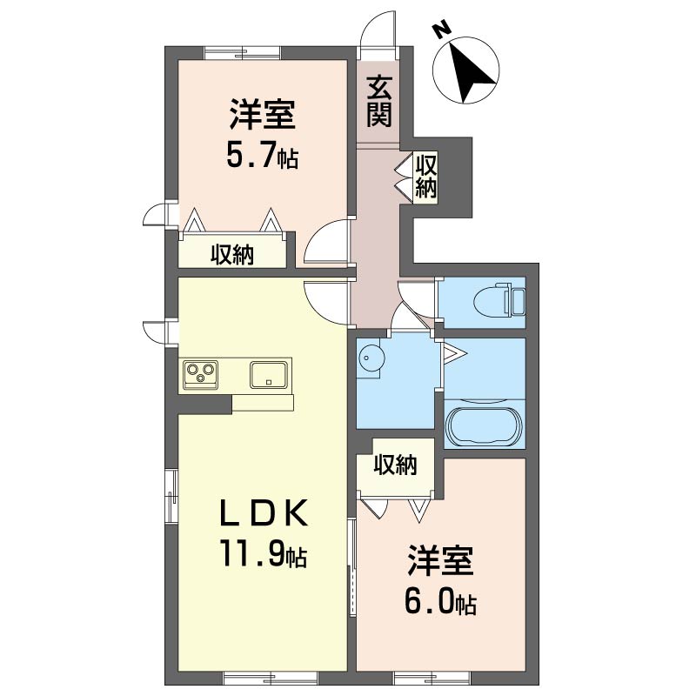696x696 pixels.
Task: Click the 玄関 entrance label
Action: (379, 102)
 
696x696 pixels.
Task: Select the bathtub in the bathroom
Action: (485, 425)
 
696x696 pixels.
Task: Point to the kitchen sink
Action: (269, 374)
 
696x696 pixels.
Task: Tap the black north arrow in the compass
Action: (472, 71)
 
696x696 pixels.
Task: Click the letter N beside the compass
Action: (441, 30)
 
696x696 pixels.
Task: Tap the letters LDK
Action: (264, 512)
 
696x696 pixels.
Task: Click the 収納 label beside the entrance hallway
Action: (426, 176)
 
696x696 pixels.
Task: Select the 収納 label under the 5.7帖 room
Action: (232, 254)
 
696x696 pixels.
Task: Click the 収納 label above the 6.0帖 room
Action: (395, 465)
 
